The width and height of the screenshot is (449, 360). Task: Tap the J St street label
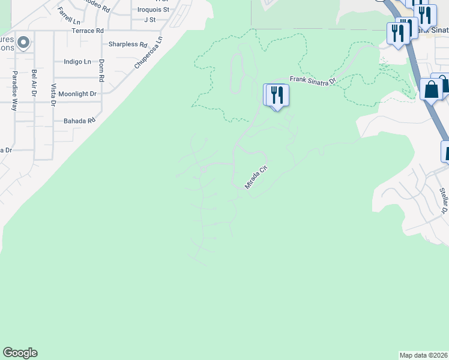[150, 20]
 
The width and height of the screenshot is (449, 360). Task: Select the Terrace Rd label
[88, 31]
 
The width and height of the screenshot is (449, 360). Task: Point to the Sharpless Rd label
[128, 44]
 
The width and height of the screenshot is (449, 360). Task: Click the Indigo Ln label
[77, 62]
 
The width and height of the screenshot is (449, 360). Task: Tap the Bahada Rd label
[79, 121]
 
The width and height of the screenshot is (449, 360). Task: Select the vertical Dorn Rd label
[102, 70]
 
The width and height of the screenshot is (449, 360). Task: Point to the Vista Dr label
[53, 95]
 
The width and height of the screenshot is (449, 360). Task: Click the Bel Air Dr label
[35, 85]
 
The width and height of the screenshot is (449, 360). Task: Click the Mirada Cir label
[255, 177]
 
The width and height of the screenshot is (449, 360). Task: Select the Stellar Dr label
[444, 200]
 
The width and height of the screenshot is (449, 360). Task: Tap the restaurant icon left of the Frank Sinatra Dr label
[277, 95]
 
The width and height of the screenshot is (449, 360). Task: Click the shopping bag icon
[431, 90]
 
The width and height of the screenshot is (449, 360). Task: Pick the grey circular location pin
[23, 43]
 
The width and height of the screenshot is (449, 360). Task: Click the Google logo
[20, 353]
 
